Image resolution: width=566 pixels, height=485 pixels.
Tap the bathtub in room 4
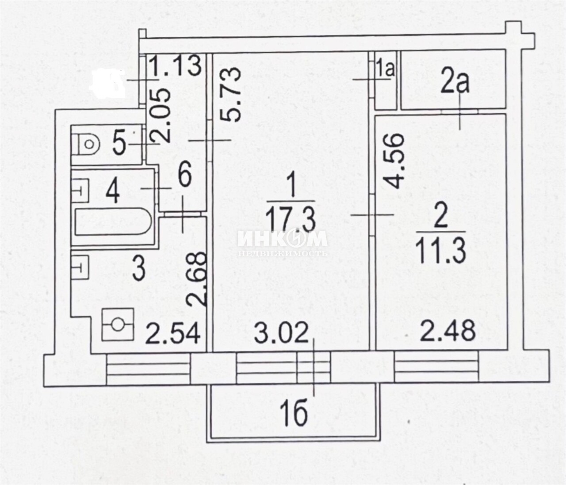(113, 221)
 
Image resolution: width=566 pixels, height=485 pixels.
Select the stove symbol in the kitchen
(118, 325)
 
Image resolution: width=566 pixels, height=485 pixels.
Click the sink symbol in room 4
(80, 190)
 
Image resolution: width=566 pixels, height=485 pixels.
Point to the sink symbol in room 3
(80, 267)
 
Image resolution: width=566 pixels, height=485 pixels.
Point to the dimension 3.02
(282, 333)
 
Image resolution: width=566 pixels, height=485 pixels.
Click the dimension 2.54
(173, 333)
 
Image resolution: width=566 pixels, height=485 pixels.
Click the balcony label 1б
(296, 415)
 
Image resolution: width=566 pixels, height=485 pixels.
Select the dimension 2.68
(196, 279)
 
